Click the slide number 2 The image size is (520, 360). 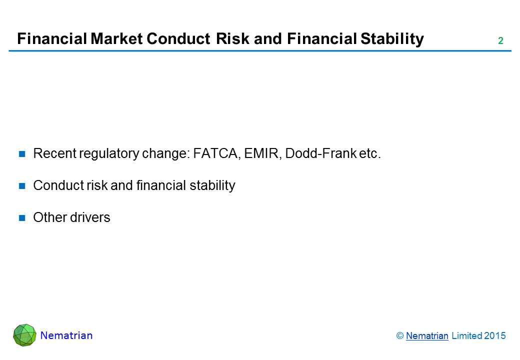500,41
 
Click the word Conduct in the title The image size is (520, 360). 178,39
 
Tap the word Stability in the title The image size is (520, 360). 392,39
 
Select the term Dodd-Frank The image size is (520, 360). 320,153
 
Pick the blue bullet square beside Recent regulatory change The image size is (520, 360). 22,154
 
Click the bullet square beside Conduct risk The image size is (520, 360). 22,186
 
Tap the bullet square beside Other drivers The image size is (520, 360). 22,218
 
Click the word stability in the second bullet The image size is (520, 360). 212,186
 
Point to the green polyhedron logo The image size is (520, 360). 24,335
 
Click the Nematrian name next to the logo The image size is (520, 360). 66,335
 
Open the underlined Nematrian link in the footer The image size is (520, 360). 427,336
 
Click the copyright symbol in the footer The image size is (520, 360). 400,336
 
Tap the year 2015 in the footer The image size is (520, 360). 495,336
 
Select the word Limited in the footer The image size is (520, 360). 466,336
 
